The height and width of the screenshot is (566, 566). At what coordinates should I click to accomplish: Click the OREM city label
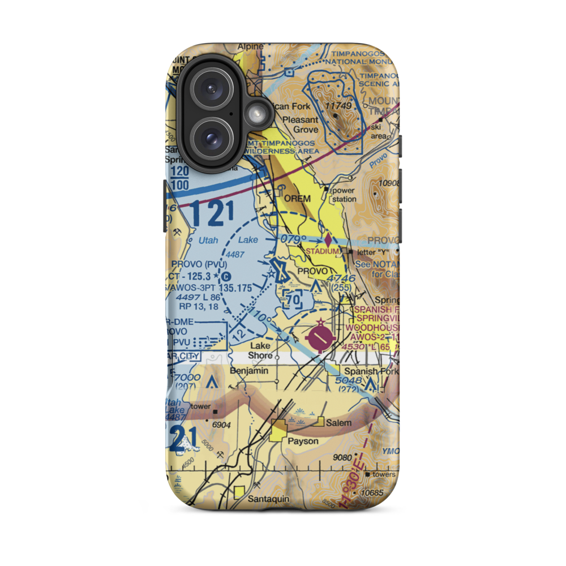coord(298,199)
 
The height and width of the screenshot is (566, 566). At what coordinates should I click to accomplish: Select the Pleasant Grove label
coord(301,125)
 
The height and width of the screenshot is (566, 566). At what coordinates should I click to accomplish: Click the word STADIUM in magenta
coord(323,251)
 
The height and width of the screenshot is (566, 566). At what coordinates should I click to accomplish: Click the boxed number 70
coord(293,298)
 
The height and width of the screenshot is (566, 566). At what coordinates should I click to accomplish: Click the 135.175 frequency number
coord(234,288)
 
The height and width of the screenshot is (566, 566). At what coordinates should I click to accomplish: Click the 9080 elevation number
coord(344,457)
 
